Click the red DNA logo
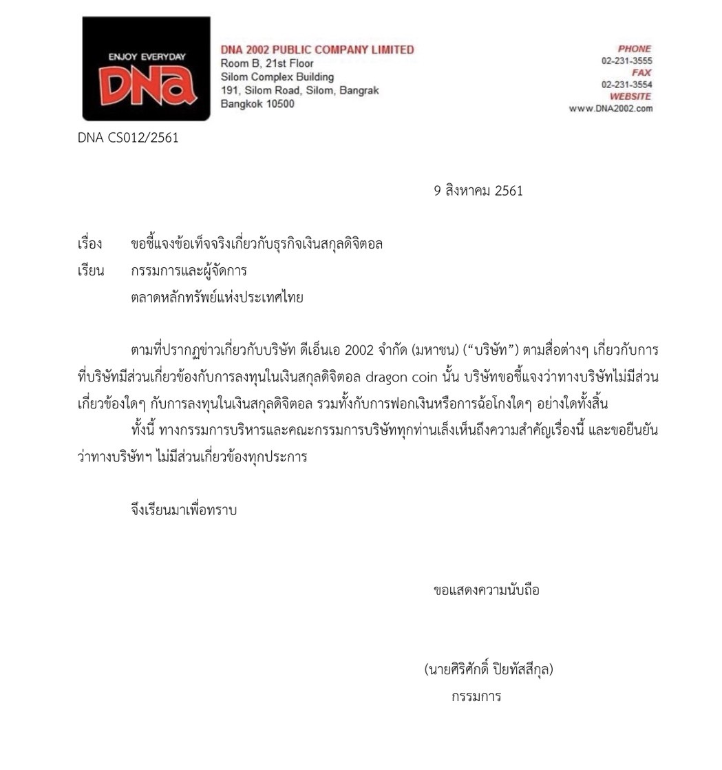[146, 69]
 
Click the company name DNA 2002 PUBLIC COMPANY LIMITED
[317, 50]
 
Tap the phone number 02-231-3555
[626, 61]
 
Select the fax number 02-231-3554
[626, 85]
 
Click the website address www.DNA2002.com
[610, 108]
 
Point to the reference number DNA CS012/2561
[128, 138]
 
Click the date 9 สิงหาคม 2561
[478, 191]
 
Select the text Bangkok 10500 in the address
[257, 104]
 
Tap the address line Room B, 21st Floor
[267, 63]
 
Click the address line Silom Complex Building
[277, 77]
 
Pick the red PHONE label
[635, 49]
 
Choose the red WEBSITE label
[630, 96]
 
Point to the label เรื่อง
[89, 244]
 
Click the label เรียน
[91, 271]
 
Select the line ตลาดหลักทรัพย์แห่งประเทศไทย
[217, 298]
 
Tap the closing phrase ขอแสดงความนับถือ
[487, 590]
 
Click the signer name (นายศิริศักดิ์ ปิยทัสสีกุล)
[489, 669]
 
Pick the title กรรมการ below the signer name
[476, 696]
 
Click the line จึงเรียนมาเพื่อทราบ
[183, 510]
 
